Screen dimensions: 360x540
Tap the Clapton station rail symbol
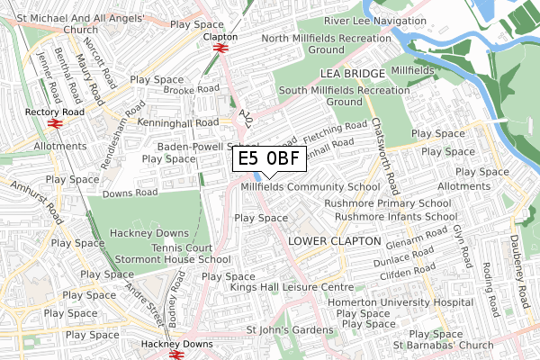coord(220,49)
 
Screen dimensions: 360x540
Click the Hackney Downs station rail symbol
coord(176,355)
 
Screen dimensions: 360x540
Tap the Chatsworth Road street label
coord(383,157)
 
